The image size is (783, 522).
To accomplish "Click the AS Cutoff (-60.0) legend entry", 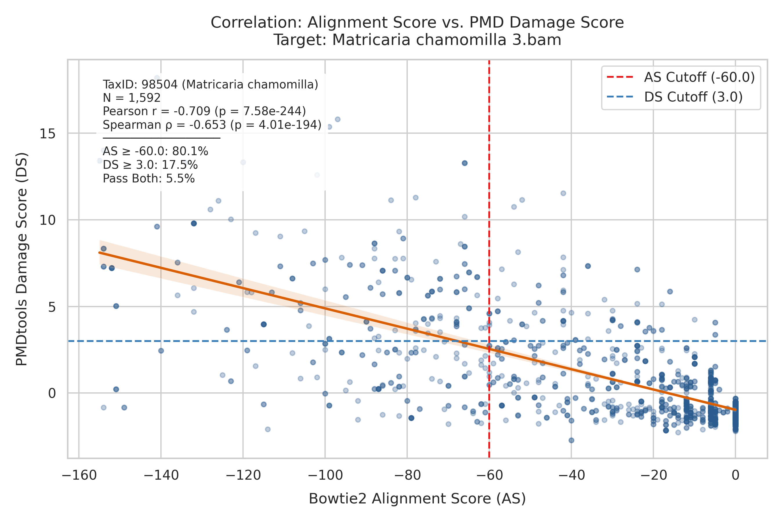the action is coord(680,77).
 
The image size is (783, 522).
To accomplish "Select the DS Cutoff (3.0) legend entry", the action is coord(675,97).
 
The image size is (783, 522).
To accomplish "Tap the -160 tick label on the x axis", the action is coord(79,475).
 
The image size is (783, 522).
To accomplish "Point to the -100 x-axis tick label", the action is coord(325,475).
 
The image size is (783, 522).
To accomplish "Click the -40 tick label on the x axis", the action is coord(571,475).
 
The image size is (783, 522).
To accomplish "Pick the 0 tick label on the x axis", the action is coord(735,475).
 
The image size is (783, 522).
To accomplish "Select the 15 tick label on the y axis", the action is coord(47,133).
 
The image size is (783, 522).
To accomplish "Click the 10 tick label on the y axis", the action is coord(47,220).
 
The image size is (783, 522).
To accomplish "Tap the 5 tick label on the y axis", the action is coord(52,307).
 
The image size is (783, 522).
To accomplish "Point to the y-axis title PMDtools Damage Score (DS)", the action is coord(22,259).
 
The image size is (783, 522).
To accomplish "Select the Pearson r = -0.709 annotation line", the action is coord(204,111).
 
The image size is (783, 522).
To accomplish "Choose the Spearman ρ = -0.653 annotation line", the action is coord(212,124).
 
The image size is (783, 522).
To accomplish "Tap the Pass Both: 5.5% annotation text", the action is coord(149,178).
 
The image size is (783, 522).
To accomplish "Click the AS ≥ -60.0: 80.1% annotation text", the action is coord(155,151).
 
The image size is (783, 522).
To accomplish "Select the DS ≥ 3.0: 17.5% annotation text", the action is coord(150,165).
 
